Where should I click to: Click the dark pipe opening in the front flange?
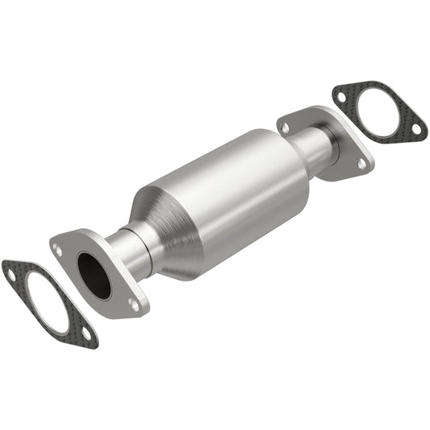tap(94, 274)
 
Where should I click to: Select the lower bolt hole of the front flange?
tap(132, 303)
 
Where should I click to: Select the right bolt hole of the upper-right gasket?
tap(415, 127)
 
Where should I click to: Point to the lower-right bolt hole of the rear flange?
tap(361, 163)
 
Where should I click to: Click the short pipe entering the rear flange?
tap(319, 149)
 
